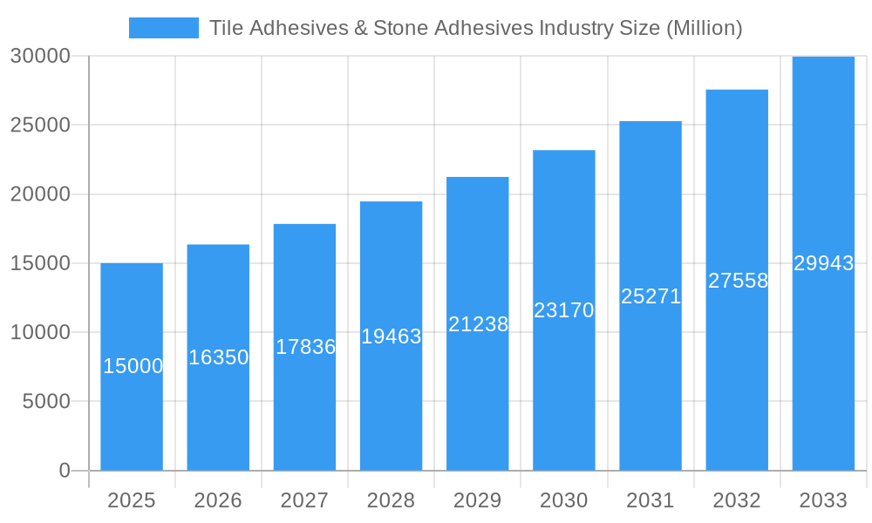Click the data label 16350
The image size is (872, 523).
pos(219,357)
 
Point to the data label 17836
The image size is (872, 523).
pos(305,347)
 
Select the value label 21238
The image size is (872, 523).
pos(478,324)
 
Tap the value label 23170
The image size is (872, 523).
pos(564,310)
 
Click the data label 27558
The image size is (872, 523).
pos(738,281)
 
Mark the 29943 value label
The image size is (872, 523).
pos(824,263)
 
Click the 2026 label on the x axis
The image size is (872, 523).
pos(218,500)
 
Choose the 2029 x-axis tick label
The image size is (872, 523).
pos(478,500)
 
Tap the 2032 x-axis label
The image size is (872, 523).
pos(737,500)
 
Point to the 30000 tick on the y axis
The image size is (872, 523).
pos(40,56)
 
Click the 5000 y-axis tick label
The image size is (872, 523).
pos(46,402)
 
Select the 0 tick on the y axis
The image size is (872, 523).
pos(65,471)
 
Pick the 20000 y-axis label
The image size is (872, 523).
pos(40,194)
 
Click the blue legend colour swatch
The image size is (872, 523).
pos(164,28)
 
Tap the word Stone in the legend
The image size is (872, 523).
pos(400,28)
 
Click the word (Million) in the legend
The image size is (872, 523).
pos(704,28)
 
